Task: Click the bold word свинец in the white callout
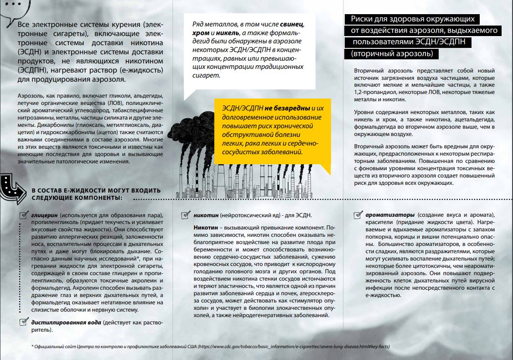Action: click(293, 24)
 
